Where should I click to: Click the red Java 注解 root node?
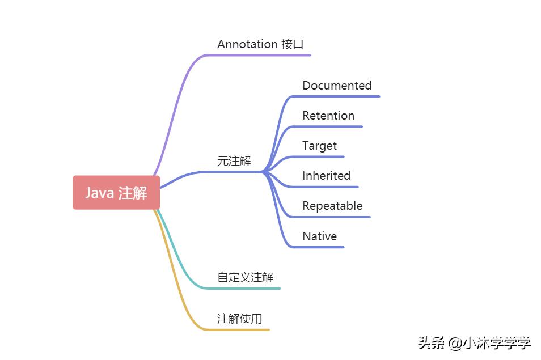point(116,192)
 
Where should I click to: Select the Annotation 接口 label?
point(260,44)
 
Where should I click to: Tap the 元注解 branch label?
point(234,161)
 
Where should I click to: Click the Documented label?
point(337,86)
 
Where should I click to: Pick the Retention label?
point(328,116)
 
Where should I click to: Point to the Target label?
point(319,146)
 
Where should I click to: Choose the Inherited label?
point(327,176)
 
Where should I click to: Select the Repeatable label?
point(333,206)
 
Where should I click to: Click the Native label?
point(320,236)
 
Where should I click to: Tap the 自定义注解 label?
point(246,277)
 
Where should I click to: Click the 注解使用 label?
point(239,319)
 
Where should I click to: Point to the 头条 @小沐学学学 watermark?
point(475,343)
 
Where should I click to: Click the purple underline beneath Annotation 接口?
point(259,55)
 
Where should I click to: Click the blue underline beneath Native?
point(318,247)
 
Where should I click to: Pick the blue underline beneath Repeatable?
point(331,217)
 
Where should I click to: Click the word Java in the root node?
point(100,193)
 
